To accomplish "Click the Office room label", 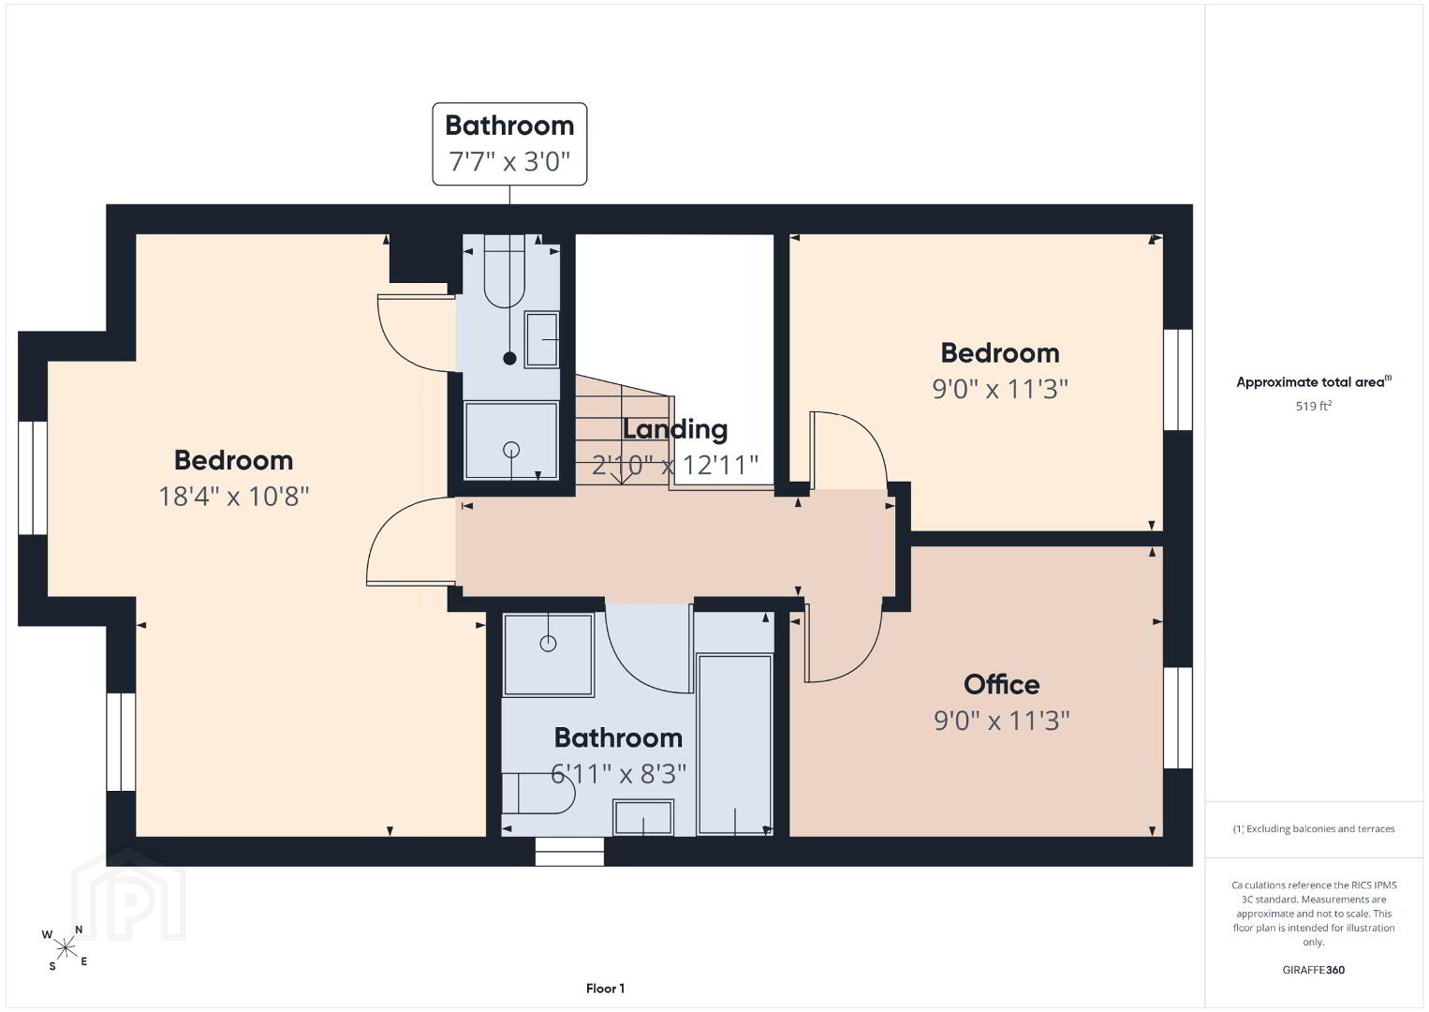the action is [x=1001, y=684].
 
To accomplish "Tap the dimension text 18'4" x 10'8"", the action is [x=233, y=496].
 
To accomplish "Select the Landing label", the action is [x=675, y=429].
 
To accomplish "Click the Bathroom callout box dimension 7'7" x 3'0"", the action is [x=509, y=161].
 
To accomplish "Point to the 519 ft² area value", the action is [x=1314, y=406].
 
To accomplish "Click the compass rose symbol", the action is [x=65, y=949].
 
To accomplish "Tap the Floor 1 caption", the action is [x=605, y=989].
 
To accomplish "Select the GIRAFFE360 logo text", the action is [x=1314, y=970].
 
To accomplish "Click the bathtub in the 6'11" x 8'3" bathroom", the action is [x=735, y=744].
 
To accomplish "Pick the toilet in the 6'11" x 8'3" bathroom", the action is [x=538, y=794].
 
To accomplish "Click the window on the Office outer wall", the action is [x=1178, y=718].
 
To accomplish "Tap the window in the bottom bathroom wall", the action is [x=569, y=852].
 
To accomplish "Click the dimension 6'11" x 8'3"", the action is [x=618, y=774].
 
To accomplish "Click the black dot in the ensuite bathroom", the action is [x=509, y=358].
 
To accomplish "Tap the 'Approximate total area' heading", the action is [x=1314, y=381].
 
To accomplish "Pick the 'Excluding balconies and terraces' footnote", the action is [x=1314, y=828].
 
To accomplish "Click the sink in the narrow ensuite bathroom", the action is [x=541, y=339].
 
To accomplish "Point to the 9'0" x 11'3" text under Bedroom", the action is [x=1000, y=389].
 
